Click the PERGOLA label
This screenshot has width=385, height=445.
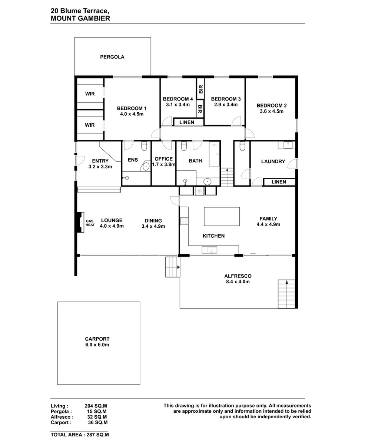(112, 57)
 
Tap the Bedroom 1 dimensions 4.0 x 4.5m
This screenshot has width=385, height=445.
(132, 114)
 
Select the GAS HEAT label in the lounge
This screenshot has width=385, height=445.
(90, 223)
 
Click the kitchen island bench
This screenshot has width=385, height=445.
(222, 216)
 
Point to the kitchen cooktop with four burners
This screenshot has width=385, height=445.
(184, 221)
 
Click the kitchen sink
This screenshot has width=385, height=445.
(209, 250)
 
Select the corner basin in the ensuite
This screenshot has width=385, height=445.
(146, 166)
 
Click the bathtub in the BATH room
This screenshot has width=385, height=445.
(214, 153)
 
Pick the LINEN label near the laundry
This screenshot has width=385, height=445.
(279, 182)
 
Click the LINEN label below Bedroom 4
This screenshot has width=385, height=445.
(187, 122)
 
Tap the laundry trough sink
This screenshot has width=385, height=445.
(286, 145)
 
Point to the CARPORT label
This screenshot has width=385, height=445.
(97, 339)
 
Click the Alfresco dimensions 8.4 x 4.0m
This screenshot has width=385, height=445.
(238, 281)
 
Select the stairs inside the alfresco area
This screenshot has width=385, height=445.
(286, 294)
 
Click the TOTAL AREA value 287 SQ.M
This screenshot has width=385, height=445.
(98, 435)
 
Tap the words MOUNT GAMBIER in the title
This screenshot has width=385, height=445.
(80, 19)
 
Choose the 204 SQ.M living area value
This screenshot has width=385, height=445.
(96, 406)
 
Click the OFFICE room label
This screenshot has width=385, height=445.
(164, 159)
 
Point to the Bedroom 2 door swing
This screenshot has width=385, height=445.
(249, 133)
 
